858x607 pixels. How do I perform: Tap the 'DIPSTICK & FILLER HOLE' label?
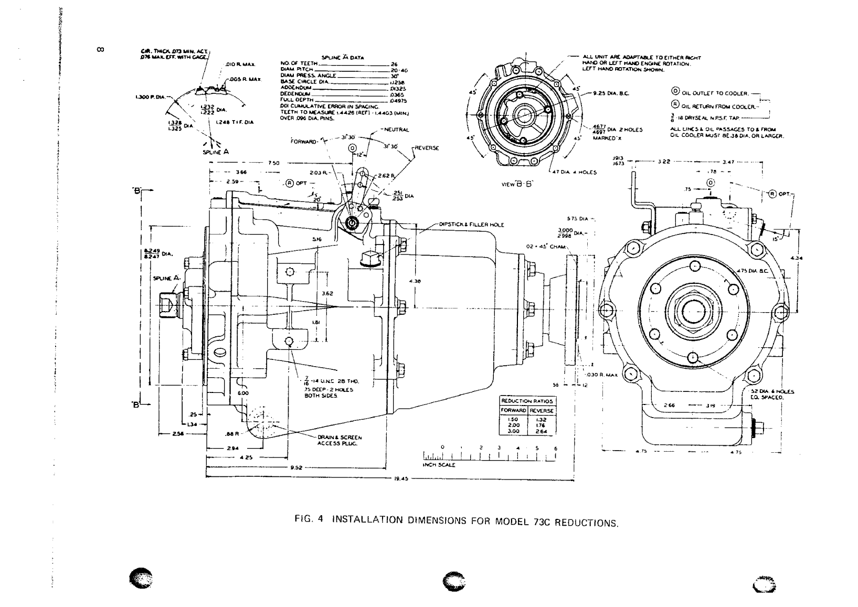[x=471, y=225]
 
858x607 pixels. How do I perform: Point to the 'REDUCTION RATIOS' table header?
[x=527, y=401]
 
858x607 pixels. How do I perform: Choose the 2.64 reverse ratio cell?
[x=542, y=431]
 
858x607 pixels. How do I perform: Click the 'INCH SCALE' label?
[x=439, y=465]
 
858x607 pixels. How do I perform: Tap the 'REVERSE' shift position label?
[x=426, y=148]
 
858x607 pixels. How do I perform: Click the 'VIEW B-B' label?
[x=517, y=184]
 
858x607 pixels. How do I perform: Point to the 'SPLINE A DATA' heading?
[x=344, y=58]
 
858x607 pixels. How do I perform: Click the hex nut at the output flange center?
[x=694, y=313]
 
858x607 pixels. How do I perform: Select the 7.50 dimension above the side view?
[x=273, y=163]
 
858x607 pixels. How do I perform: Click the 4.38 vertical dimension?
[x=418, y=281]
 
